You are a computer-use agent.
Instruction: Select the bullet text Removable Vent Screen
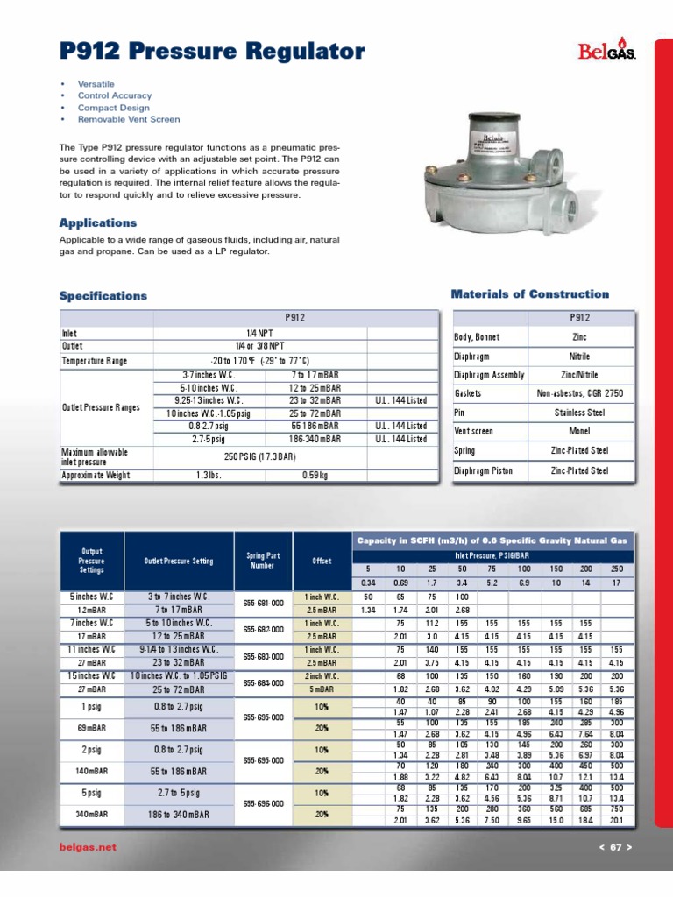click(129, 119)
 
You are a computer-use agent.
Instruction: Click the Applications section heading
click(98, 223)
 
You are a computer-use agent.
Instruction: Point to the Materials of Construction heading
click(529, 294)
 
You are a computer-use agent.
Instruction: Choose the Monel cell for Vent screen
click(579, 432)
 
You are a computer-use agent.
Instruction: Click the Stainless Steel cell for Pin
click(579, 412)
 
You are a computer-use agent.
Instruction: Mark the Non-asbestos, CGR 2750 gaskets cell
click(579, 394)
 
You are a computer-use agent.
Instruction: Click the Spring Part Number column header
click(263, 562)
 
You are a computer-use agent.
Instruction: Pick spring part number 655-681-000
click(263, 604)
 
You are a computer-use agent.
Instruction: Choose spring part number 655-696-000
click(263, 802)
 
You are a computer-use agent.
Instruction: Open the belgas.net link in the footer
click(87, 848)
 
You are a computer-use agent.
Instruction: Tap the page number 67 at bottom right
click(614, 848)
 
